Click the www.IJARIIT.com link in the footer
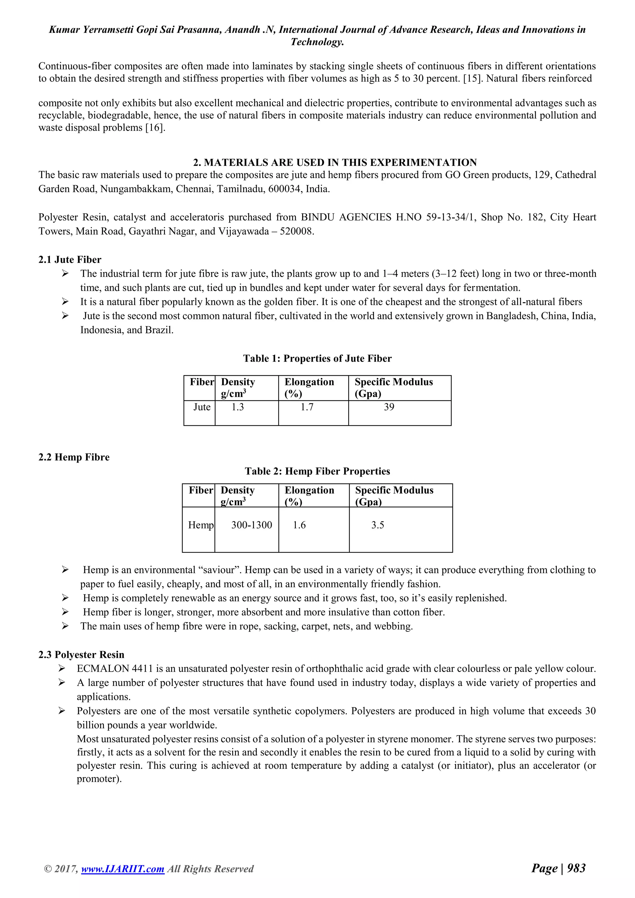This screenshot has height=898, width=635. tap(122, 880)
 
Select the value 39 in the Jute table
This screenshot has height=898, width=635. tap(389, 407)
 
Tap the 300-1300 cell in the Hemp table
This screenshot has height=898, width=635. tap(251, 525)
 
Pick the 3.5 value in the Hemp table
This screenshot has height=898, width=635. tap(377, 525)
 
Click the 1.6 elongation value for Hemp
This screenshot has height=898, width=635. tap(299, 525)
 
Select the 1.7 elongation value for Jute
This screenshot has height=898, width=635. tap(307, 407)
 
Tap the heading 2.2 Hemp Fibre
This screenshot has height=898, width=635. tap(74, 457)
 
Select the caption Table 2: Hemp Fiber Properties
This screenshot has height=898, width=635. tap(317, 471)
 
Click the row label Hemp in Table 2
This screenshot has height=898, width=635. tap(201, 525)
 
